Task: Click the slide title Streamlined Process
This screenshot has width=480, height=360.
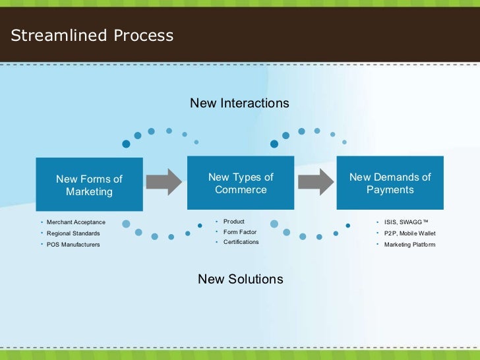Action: pyautogui.click(x=92, y=36)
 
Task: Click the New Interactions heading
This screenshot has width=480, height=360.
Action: pyautogui.click(x=239, y=104)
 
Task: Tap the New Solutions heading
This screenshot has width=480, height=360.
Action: pyautogui.click(x=240, y=279)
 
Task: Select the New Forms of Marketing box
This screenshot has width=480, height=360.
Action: pyautogui.click(x=89, y=185)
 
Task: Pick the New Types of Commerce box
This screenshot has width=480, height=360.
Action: pyautogui.click(x=241, y=183)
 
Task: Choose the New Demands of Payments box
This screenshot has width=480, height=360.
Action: pyautogui.click(x=390, y=183)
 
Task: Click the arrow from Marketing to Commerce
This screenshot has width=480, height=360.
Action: pyautogui.click(x=164, y=181)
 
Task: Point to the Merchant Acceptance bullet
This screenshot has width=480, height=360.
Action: pyautogui.click(x=76, y=222)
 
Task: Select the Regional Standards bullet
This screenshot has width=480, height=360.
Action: pyautogui.click(x=73, y=233)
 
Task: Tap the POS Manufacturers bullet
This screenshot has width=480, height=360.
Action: pyautogui.click(x=73, y=245)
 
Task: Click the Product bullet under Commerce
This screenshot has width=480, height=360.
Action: pyautogui.click(x=233, y=222)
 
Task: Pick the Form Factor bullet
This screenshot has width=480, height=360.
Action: pyautogui.click(x=239, y=232)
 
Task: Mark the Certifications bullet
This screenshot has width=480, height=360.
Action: pyautogui.click(x=241, y=242)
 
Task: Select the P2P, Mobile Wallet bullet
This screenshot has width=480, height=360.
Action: pyautogui.click(x=409, y=233)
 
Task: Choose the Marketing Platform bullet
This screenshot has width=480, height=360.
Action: pyautogui.click(x=409, y=245)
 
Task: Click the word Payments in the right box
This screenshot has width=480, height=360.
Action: pyautogui.click(x=390, y=190)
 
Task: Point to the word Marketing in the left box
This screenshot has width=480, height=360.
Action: pyautogui.click(x=89, y=192)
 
